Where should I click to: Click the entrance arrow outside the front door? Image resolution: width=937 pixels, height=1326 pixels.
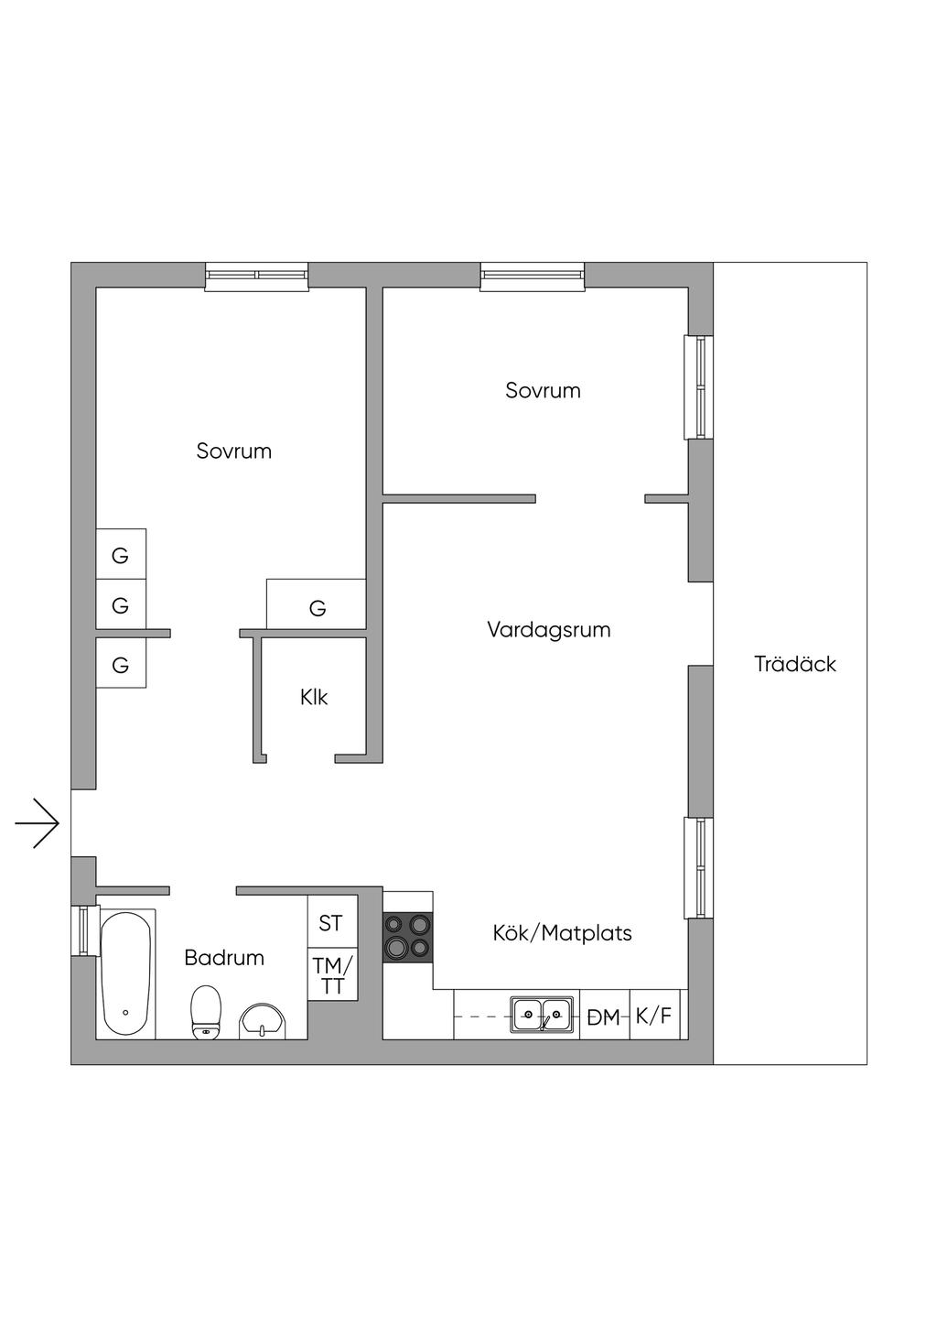click(x=38, y=823)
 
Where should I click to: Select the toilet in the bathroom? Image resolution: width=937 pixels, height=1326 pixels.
click(x=206, y=1012)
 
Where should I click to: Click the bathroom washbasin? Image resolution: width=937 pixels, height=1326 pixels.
click(x=263, y=1021)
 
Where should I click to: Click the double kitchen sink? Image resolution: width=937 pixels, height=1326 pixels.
click(x=542, y=1016)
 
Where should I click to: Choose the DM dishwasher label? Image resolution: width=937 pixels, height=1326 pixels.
click(x=603, y=1017)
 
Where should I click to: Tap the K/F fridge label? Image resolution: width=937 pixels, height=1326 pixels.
click(x=653, y=1016)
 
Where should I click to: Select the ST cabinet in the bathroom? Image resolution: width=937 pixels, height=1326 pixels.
click(x=332, y=922)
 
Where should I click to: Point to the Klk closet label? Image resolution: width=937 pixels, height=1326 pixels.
click(x=314, y=697)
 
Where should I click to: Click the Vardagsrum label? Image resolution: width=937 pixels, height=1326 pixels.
click(x=549, y=630)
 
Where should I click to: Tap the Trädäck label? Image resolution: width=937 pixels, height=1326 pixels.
click(x=795, y=664)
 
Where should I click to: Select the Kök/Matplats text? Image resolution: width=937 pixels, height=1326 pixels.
click(x=562, y=933)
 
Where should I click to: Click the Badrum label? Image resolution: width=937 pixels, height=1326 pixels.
click(x=224, y=958)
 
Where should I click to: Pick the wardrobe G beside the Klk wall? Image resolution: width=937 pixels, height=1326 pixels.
click(x=316, y=603)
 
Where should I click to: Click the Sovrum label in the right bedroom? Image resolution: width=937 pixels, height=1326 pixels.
click(x=543, y=391)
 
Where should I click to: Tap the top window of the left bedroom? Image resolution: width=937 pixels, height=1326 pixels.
click(x=257, y=277)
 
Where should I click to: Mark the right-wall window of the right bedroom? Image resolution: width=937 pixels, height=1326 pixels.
click(x=698, y=387)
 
